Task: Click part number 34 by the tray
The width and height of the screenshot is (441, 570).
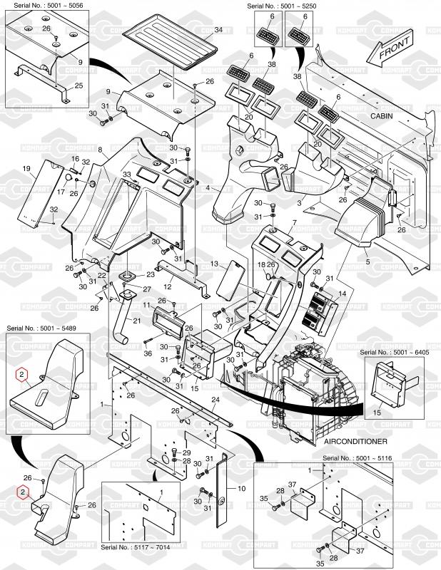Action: coord(218,29)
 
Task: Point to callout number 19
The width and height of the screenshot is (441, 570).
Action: coord(26,169)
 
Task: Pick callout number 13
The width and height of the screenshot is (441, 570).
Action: coord(213,264)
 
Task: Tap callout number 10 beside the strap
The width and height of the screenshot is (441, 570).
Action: coord(242,489)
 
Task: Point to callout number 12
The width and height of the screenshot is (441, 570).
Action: coord(168,286)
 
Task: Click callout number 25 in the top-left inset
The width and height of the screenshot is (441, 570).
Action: coord(78,85)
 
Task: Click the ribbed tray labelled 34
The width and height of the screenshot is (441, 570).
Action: coord(171,42)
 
